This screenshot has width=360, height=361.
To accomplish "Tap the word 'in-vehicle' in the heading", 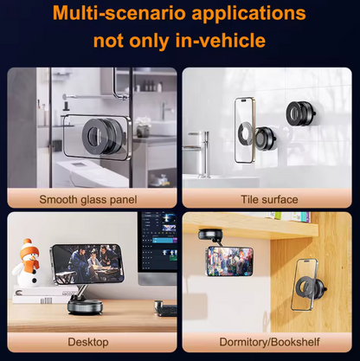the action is pyautogui.click(x=221, y=41).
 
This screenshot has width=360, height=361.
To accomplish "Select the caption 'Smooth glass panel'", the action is pyautogui.click(x=88, y=199).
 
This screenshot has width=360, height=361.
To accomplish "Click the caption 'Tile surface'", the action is pyautogui.click(x=269, y=199).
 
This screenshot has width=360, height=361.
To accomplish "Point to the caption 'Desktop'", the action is pyautogui.click(x=88, y=342).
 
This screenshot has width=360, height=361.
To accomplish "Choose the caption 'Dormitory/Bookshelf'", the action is pyautogui.click(x=269, y=342).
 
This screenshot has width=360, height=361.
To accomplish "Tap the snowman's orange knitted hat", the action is pyautogui.click(x=29, y=248).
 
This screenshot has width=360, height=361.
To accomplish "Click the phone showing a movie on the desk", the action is pyautogui.click(x=87, y=263).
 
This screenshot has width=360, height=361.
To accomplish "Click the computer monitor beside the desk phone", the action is pyautogui.click(x=157, y=248).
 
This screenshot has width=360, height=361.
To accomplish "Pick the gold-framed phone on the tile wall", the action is pyautogui.click(x=245, y=130).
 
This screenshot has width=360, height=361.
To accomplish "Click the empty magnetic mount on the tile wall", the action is pyautogui.click(x=300, y=113).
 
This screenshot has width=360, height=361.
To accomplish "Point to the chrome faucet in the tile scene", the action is pyautogui.click(x=199, y=154).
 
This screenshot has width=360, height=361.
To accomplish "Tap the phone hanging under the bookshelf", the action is pyautogui.click(x=230, y=261).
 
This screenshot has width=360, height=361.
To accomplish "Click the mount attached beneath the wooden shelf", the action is pyautogui.click(x=211, y=235).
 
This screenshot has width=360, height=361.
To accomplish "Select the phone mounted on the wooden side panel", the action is pyautogui.click(x=305, y=285).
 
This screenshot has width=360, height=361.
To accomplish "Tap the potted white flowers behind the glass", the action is pyautogui.click(x=144, y=126).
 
